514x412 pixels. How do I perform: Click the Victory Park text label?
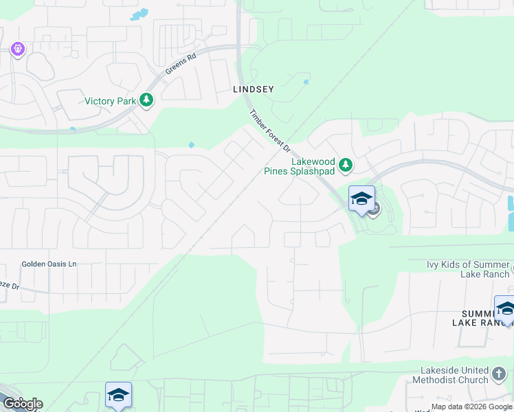point(110,101)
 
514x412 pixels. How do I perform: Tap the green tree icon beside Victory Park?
point(146,101)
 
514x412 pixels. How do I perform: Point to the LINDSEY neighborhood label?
point(254,89)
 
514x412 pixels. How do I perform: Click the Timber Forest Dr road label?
point(271,133)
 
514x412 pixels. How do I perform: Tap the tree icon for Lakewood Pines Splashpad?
point(346,165)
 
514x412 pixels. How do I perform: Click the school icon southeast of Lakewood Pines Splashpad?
point(361,199)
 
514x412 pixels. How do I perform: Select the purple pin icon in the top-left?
point(18,49)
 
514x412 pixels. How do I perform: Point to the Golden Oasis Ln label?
point(49,264)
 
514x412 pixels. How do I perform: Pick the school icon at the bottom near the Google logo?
point(118,395)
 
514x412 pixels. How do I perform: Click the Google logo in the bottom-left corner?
point(23,404)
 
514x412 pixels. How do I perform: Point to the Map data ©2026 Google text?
point(471,407)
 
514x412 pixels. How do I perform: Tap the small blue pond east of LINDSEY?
point(306,82)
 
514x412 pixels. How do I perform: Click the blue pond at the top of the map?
point(139,14)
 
